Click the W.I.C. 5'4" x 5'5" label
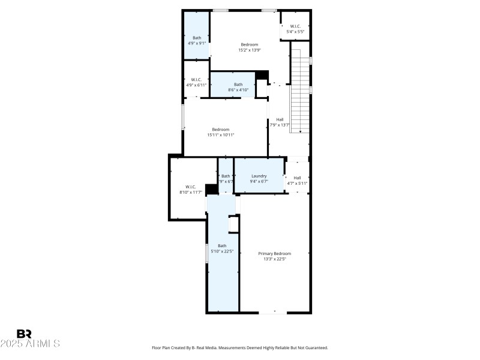[x=295, y=29]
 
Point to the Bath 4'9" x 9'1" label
[x=196, y=40]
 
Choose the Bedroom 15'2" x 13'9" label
[x=249, y=47]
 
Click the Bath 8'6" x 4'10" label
[x=238, y=87]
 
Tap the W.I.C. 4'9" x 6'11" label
[x=196, y=82]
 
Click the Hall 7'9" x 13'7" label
[x=280, y=122]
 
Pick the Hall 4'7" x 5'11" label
[x=297, y=180]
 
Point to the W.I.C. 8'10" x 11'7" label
[x=190, y=190]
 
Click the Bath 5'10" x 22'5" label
[x=222, y=248]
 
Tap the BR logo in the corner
[x=24, y=334]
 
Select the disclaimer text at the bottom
[x=240, y=347]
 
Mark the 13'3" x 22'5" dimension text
[x=275, y=259]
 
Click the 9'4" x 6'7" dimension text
[x=259, y=181]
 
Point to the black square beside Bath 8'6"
[x=261, y=76]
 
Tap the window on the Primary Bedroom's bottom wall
[x=272, y=312]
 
